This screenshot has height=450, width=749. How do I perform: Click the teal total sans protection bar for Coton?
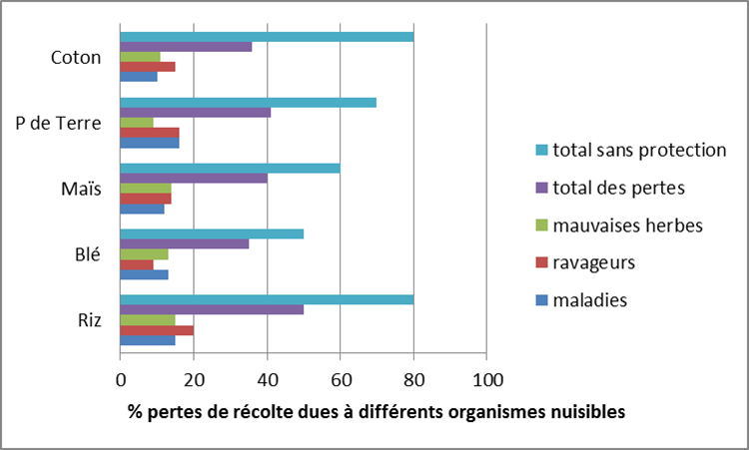point(267,37)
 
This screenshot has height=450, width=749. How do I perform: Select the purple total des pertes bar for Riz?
point(212,309)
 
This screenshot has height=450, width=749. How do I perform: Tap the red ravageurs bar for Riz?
point(157,330)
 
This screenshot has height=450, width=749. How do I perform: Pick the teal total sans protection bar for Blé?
point(212,233)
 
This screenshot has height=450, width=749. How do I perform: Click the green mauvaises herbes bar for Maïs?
point(146,189)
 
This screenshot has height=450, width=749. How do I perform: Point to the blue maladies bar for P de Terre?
point(150,143)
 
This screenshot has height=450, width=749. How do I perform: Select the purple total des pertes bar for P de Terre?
point(196,112)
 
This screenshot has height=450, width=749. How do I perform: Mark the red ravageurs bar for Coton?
point(148,67)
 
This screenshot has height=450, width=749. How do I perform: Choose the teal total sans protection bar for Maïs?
point(230,168)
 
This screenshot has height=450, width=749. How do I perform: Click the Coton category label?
point(76,57)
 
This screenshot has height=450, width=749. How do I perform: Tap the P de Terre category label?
point(65,123)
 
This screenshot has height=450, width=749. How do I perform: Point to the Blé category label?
point(88,254)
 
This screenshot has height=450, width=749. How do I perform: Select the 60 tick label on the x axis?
point(340,380)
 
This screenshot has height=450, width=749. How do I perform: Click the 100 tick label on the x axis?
point(486,380)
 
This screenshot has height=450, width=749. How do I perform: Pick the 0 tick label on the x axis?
point(121,380)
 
